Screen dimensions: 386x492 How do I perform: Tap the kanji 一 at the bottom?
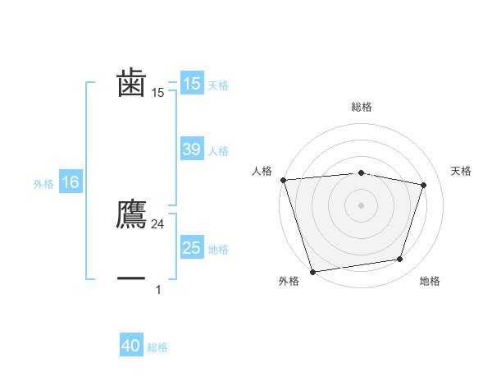pos(132,279)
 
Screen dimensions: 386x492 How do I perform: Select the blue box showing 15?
pos(191,84)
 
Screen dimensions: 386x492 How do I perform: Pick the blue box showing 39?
pos(191,149)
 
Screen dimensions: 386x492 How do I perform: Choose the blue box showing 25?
pos(191,248)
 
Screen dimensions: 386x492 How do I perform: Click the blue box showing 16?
pos(70,182)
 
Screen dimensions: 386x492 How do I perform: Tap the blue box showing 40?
pos(131,346)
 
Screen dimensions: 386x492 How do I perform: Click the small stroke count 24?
pos(158,224)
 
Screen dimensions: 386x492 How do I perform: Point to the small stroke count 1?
pos(158,289)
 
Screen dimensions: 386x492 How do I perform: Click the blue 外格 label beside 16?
pos(43,184)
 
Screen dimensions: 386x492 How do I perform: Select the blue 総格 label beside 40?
pos(157,347)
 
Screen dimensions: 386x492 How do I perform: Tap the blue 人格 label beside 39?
pos(218,151)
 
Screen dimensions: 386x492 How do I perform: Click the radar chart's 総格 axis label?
pos(361,107)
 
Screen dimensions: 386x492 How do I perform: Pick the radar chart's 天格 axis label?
pos(461,171)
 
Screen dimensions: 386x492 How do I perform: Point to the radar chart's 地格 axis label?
pos(430,281)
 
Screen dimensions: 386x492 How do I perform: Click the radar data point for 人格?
pos(283,180)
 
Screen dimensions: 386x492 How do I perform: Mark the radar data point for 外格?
pos(312,271)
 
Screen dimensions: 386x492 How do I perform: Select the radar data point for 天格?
pos(424,185)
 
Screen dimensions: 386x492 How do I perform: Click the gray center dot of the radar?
pos(361,204)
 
